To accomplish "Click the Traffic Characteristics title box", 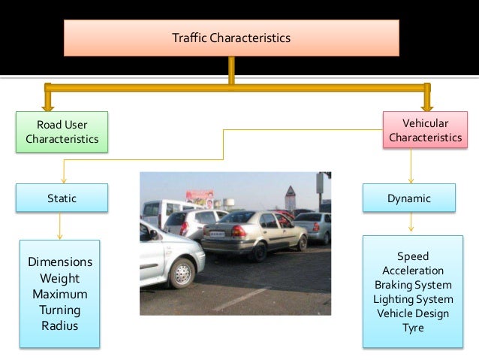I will (231, 38).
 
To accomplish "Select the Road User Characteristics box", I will (62, 132).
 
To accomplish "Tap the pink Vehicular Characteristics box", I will (425, 130).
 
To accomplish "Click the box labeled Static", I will (62, 198).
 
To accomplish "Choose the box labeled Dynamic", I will (410, 198).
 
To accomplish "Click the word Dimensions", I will (60, 262).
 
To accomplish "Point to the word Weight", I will (60, 278).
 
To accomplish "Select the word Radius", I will (60, 325).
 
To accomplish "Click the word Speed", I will (413, 257).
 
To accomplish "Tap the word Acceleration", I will (413, 271).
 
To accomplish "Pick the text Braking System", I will (413, 285).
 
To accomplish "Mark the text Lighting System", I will (413, 299).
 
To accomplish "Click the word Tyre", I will (413, 328).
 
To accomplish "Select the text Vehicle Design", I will (413, 313).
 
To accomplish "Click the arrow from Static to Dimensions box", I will (60, 225).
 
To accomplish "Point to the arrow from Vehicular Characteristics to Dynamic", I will (411, 165).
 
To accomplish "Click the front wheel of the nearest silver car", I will (182, 273).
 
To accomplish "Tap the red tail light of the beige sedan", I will (238, 231).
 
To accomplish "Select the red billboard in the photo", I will (200, 196).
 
